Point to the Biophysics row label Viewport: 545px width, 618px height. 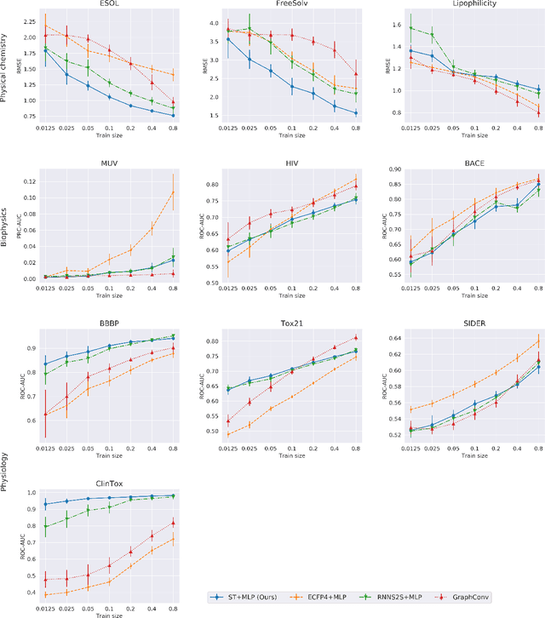click(x=6, y=222)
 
